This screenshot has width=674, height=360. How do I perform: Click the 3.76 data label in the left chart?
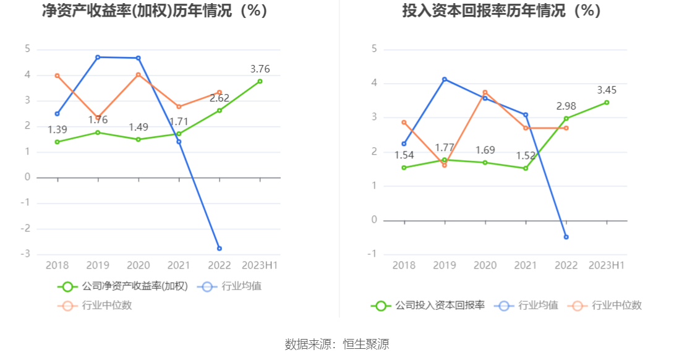coord(260,69)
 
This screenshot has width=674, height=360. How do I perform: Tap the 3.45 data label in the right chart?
coord(607,90)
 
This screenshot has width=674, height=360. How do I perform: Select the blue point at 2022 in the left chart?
coord(220,249)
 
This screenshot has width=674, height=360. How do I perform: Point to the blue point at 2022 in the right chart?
coord(566,237)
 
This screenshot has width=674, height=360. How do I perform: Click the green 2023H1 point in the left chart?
coord(260,81)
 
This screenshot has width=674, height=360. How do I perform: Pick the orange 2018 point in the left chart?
coord(58,75)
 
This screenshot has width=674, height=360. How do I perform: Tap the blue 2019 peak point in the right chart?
coord(445,79)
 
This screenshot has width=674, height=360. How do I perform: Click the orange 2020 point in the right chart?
coord(485,92)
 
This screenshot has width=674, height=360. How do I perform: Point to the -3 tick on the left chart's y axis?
coord(27,254)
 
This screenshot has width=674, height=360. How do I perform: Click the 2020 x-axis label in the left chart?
coord(139,265)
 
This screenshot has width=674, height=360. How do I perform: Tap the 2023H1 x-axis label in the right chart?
coord(607,265)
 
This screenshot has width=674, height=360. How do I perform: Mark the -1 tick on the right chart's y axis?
coord(373,254)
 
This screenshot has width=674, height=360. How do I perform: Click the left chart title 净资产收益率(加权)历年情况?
coord(155,11)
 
